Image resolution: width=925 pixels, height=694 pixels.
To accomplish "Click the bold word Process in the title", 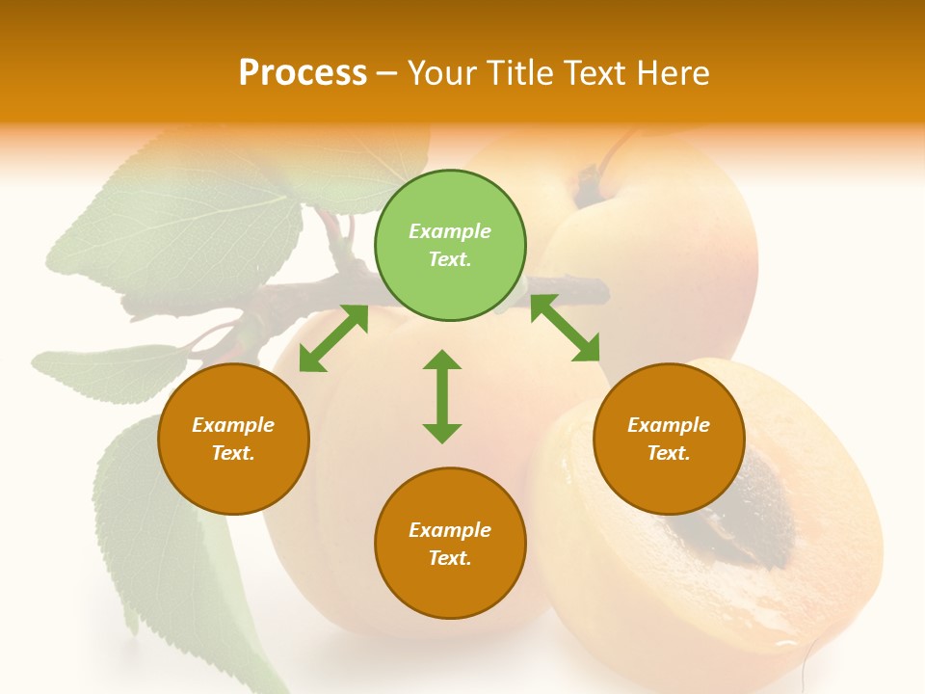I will click(303, 73).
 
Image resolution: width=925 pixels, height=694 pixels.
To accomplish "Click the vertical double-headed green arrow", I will click(442, 396).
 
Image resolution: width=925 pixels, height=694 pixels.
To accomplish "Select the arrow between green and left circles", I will click(333, 338).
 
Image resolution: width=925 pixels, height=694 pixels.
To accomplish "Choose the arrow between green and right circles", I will click(565, 328).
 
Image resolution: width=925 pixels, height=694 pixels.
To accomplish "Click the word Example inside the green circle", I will click(450, 231).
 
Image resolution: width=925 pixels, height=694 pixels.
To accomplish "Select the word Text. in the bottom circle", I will click(450, 558).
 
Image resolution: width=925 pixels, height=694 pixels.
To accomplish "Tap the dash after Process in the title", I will click(387, 73).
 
